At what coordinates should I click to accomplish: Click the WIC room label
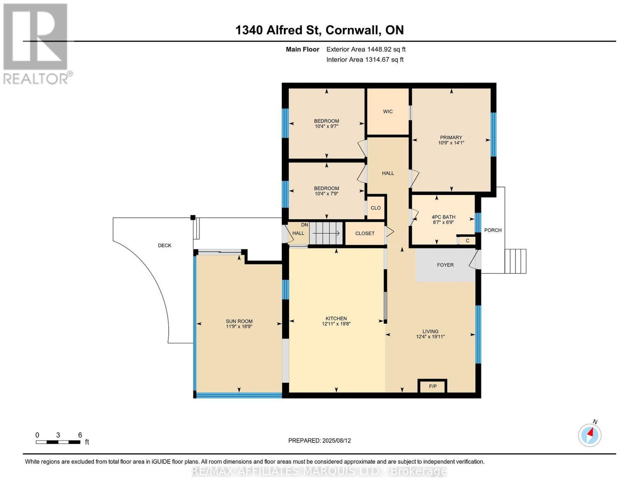pos(388,112)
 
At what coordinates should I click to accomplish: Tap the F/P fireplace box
pos(432,386)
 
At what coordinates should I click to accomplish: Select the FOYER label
pos(445,265)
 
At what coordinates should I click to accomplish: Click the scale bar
pos(58,442)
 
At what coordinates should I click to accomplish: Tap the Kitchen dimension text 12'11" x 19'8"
pos(336,324)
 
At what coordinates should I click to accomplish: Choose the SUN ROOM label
pos(239,321)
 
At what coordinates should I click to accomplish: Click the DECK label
pos(165,245)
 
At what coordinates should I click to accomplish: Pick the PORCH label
pos(493,230)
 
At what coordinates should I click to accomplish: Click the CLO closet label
pos(376,208)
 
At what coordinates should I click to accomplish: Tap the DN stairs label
pos(304,225)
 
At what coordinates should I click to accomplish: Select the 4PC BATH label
pos(443,217)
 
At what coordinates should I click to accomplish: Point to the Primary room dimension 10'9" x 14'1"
pos(451,143)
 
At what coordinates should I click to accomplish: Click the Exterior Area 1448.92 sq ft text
pos(366,49)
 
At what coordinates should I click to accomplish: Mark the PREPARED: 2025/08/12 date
pos(319,440)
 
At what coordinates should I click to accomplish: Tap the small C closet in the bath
pos(467,241)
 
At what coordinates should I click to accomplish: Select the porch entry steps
pos(515,261)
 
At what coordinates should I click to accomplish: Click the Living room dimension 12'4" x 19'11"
pos(430,337)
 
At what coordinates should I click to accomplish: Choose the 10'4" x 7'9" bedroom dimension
pos(326,193)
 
